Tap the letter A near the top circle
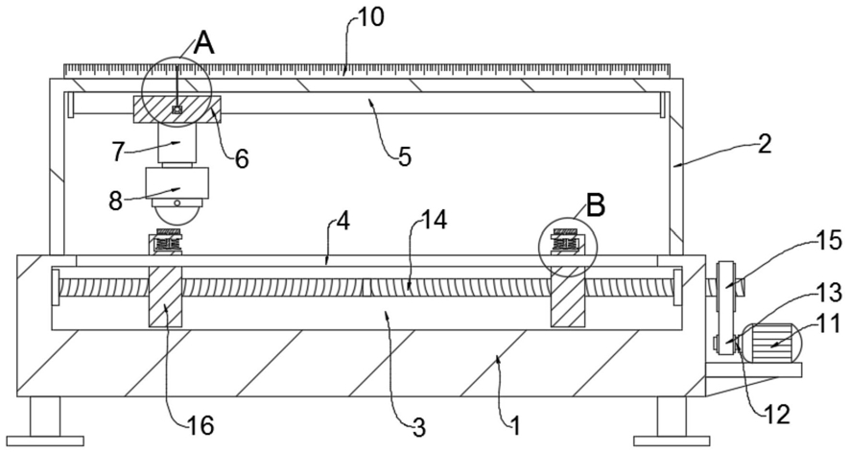[x=204, y=43]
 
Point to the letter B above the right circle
[x=596, y=206]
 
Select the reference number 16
[x=200, y=426]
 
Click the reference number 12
[x=777, y=415]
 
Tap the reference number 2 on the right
[x=764, y=144]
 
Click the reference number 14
[x=435, y=220]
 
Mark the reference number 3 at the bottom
[x=418, y=428]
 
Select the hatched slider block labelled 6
[x=177, y=109]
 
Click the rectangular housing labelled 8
[x=177, y=182]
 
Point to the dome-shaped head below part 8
[x=177, y=211]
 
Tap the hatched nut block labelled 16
[x=166, y=297]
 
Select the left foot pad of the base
[x=45, y=441]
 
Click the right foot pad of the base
[x=672, y=441]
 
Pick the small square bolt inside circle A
[x=176, y=109]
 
